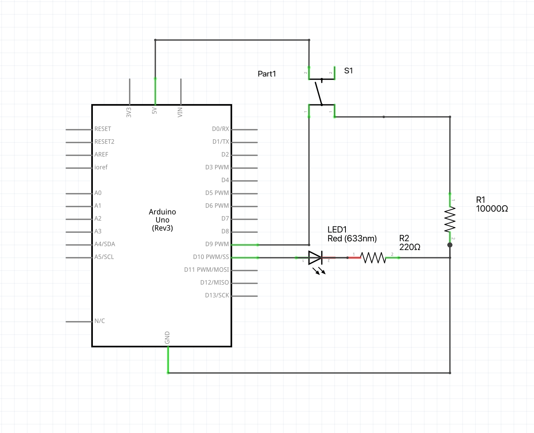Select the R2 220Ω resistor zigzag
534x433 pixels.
click(x=373, y=258)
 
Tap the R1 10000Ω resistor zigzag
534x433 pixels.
click(x=450, y=219)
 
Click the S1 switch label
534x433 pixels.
click(x=349, y=71)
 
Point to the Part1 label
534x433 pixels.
click(x=267, y=74)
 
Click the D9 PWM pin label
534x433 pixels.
click(x=217, y=244)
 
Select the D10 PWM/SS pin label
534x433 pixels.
click(x=211, y=257)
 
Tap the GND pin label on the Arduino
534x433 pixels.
click(x=167, y=337)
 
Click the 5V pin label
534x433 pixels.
click(x=155, y=110)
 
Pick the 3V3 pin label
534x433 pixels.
click(x=129, y=112)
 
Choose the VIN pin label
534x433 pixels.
click(x=180, y=112)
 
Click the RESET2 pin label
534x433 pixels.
click(x=104, y=142)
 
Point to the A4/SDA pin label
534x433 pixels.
click(x=105, y=244)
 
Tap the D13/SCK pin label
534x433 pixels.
click(x=217, y=295)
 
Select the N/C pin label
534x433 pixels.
click(x=100, y=321)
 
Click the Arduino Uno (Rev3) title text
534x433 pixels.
click(x=163, y=220)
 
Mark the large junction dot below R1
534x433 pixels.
click(x=450, y=245)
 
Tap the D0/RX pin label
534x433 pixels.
click(x=221, y=129)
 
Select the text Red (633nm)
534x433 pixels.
click(x=352, y=239)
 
